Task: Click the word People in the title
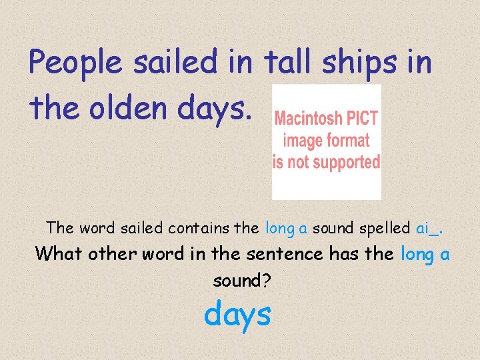click(75, 64)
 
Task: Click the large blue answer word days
click(237, 313)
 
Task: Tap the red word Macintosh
click(309, 119)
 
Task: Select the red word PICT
click(362, 119)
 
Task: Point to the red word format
click(347, 140)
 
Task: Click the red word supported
click(346, 161)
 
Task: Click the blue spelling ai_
click(428, 228)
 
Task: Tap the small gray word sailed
click(142, 228)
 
